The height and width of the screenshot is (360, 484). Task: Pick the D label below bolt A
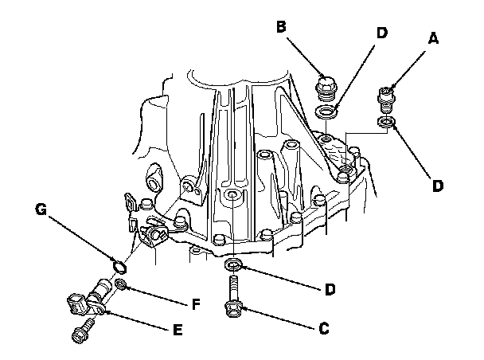click(x=438, y=185)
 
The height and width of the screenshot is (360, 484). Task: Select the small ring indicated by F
click(x=119, y=284)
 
